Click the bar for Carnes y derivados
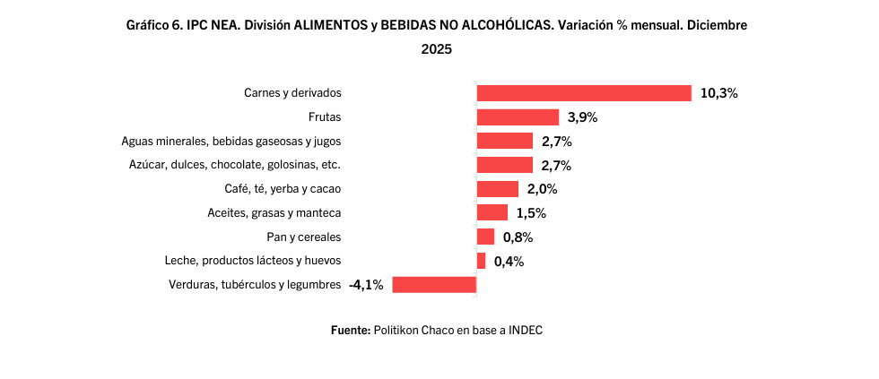(x=583, y=93)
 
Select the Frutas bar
(x=518, y=117)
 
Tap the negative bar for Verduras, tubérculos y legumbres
(x=433, y=285)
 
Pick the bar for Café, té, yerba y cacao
(x=497, y=189)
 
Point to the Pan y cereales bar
(x=485, y=237)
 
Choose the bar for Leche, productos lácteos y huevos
(x=481, y=261)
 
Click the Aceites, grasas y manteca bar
(x=492, y=213)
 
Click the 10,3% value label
(x=719, y=93)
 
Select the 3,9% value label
(x=582, y=117)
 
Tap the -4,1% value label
(x=366, y=285)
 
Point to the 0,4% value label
(x=509, y=261)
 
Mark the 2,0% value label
(x=542, y=189)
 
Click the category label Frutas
(x=324, y=116)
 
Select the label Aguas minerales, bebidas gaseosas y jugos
(x=231, y=141)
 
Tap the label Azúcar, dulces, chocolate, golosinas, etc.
(x=235, y=165)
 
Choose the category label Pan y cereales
(x=303, y=237)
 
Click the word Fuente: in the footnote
(x=350, y=331)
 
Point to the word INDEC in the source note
(x=526, y=331)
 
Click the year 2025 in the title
(x=437, y=49)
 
